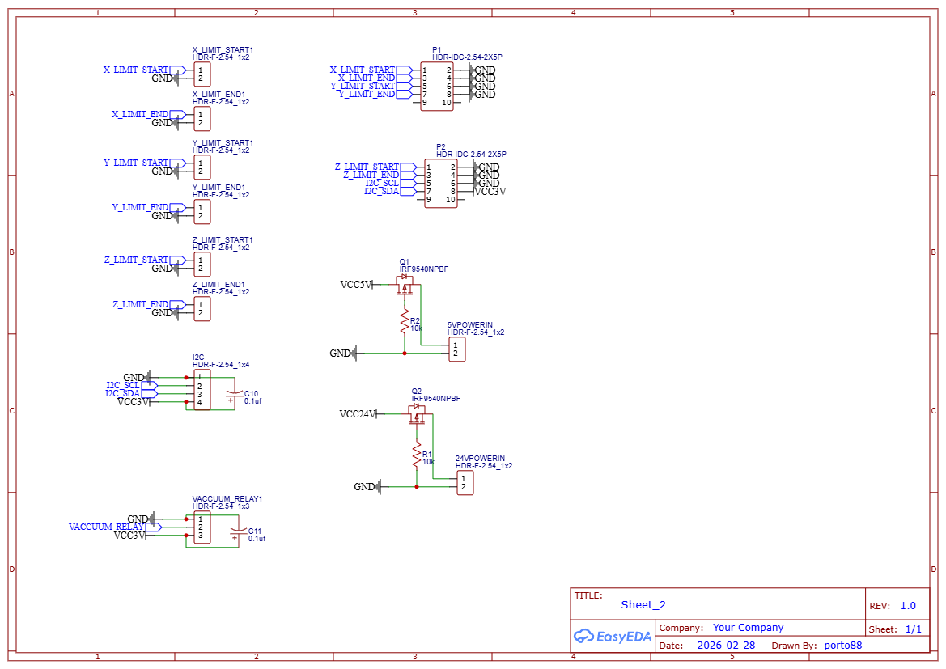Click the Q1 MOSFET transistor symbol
[405, 284]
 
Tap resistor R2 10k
[405, 324]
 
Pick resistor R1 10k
[417, 458]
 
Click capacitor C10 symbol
[234, 394]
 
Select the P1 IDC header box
[437, 87]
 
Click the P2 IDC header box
[441, 184]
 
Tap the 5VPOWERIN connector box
[457, 349]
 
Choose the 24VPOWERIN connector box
[465, 483]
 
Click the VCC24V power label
[358, 414]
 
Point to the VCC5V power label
[356, 285]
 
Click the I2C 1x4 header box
[202, 390]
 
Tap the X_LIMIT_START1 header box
[202, 74]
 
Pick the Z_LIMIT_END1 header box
[202, 309]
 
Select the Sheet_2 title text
[643, 604]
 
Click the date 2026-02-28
[726, 646]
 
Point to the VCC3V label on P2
[490, 192]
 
